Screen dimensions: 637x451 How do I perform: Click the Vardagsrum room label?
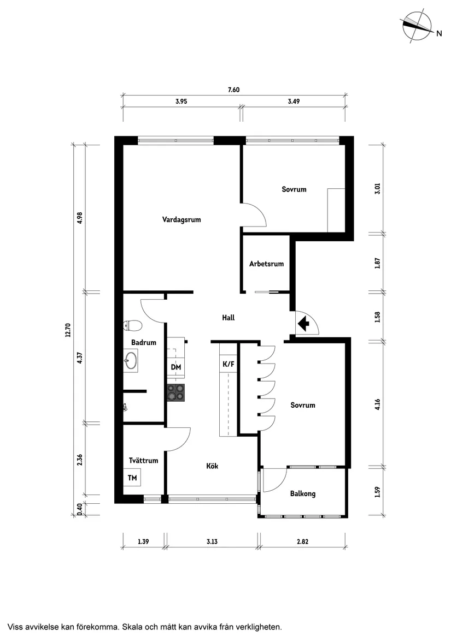(181, 220)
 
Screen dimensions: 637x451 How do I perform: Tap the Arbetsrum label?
(266, 264)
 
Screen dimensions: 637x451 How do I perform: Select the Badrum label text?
(144, 343)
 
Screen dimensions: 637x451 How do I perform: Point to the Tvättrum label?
(143, 460)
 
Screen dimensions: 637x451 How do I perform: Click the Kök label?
(213, 466)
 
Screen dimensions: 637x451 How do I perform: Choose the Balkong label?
(302, 493)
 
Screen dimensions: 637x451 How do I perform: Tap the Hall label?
(229, 317)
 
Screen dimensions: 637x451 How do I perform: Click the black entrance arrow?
(303, 324)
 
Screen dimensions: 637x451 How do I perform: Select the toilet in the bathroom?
(133, 326)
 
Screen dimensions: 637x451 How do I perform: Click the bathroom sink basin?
(131, 361)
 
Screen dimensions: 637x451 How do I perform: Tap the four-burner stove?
(176, 392)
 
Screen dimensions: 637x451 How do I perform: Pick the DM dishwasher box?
(176, 367)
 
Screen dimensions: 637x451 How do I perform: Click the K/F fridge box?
(227, 364)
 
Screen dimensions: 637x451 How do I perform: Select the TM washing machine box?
(132, 478)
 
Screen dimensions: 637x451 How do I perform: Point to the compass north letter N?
(438, 33)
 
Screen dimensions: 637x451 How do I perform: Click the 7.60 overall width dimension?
(233, 91)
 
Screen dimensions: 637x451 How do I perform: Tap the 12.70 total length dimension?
(68, 331)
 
